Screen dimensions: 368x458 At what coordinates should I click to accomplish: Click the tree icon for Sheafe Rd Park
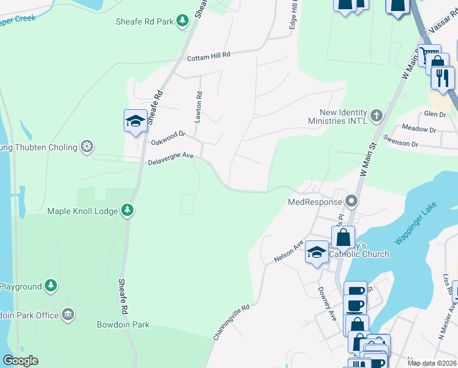(182, 21)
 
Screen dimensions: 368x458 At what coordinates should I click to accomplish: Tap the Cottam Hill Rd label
(208, 55)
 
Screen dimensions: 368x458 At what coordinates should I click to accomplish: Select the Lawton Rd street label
(198, 107)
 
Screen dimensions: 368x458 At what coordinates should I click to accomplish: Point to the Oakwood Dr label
(168, 137)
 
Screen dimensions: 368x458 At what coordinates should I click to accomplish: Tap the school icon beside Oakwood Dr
(135, 120)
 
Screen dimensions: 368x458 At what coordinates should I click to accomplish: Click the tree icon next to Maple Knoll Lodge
(127, 210)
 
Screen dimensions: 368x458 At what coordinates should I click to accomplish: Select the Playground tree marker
(51, 286)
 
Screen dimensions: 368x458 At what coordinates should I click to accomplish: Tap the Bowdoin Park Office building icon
(68, 315)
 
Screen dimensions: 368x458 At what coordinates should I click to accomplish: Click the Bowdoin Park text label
(122, 324)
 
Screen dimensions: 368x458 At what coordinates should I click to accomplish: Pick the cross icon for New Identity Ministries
(375, 115)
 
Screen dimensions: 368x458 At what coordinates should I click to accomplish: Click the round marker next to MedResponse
(351, 201)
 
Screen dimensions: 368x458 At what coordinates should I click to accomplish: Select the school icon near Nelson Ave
(317, 252)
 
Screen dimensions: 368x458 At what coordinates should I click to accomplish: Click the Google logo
(20, 361)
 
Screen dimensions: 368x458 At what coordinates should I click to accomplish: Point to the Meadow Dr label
(419, 129)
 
